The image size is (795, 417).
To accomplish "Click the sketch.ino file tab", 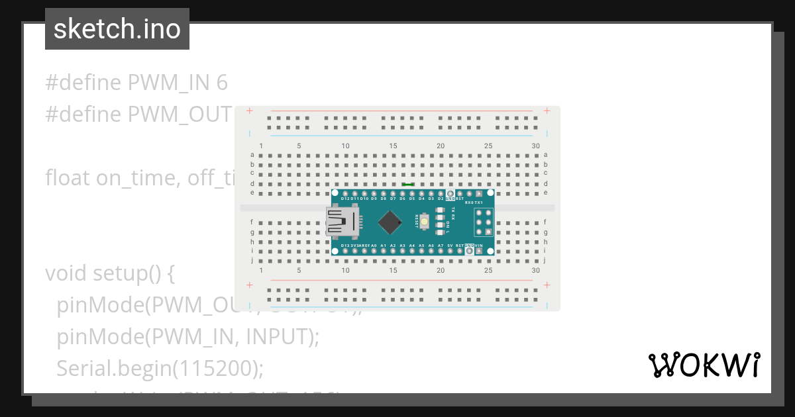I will (117, 29).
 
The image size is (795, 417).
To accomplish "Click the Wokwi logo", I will (704, 365).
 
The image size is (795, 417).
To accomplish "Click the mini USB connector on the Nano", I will (343, 222).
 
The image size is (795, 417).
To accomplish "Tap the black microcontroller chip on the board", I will (392, 222).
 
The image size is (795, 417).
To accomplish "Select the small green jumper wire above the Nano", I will (408, 185).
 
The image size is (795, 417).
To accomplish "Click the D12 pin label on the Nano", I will (345, 198).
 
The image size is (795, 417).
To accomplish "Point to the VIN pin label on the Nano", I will (479, 246).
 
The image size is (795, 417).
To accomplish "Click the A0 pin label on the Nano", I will (374, 246).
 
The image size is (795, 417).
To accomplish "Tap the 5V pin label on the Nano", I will (450, 246).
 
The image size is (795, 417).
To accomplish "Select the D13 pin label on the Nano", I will (345, 246).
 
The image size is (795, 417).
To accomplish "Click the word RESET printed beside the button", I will (417, 221).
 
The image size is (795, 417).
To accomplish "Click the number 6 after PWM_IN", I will (222, 83).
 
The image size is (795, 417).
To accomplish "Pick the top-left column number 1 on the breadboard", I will (261, 146).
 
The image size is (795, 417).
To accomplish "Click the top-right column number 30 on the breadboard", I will (535, 146).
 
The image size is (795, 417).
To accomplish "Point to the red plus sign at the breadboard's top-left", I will (249, 111).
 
